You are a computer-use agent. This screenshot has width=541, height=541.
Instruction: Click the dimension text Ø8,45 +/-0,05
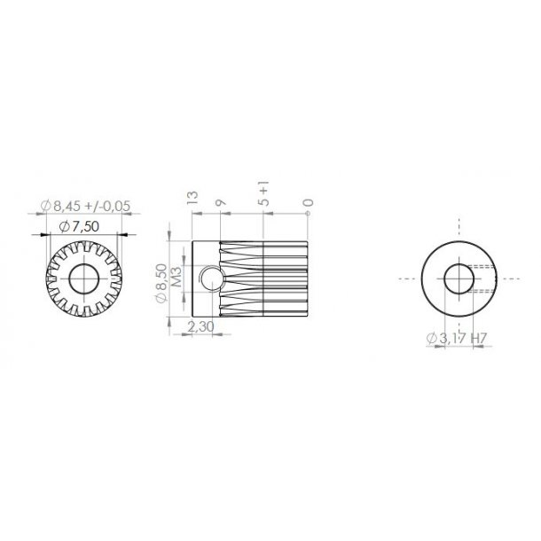[x=85, y=206]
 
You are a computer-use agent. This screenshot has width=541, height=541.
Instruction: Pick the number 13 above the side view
[x=188, y=196]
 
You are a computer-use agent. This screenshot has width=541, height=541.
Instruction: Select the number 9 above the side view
[x=220, y=202]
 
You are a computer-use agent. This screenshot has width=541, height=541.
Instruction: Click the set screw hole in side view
[x=209, y=280]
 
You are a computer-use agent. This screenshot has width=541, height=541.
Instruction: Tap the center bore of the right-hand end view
[x=459, y=278]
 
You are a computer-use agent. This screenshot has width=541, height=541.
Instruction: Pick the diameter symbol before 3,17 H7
[x=431, y=338]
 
